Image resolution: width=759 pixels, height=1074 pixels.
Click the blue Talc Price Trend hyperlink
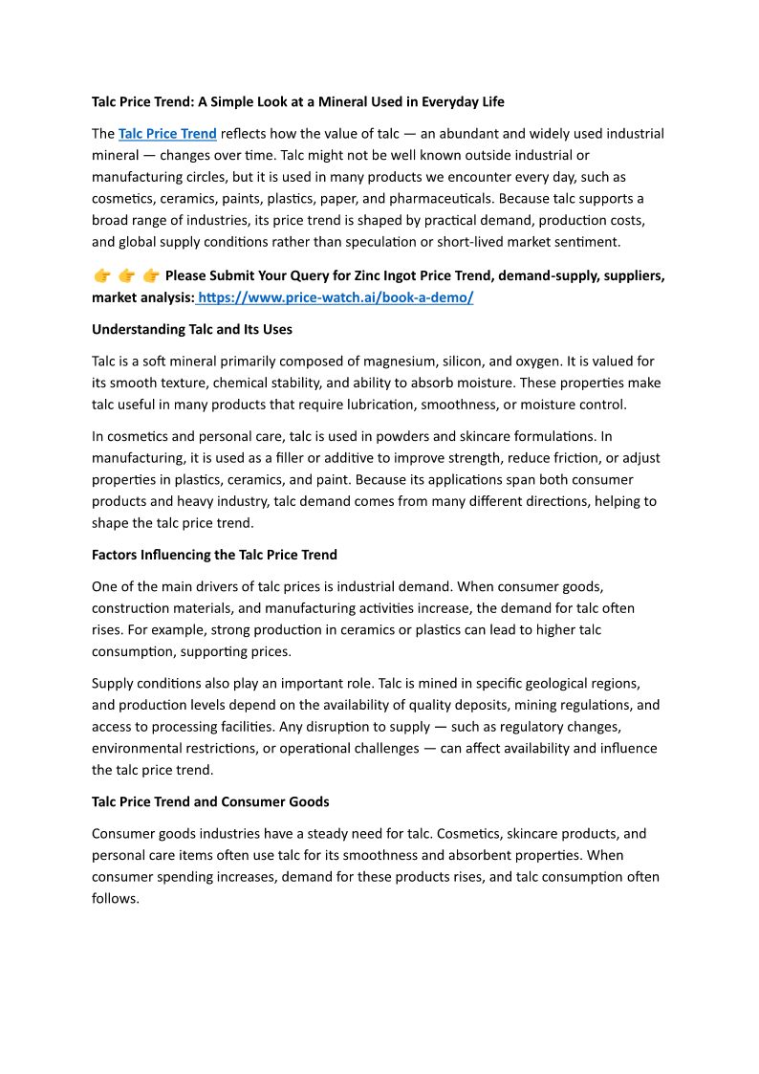pyautogui.click(x=167, y=134)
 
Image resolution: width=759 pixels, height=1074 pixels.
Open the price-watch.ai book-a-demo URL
pyautogui.click(x=336, y=297)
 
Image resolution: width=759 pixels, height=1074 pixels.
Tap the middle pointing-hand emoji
pyautogui.click(x=126, y=276)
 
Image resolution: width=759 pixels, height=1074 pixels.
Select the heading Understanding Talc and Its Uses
pyautogui.click(x=191, y=329)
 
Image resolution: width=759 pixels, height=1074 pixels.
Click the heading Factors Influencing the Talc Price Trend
pyautogui.click(x=214, y=555)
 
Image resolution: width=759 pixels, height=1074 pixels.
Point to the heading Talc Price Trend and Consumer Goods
pyautogui.click(x=210, y=801)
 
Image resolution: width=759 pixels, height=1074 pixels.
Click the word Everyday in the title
pyautogui.click(x=437, y=101)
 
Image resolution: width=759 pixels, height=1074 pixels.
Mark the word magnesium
pyautogui.click(x=395, y=362)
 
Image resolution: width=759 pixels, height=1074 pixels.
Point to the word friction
pyautogui.click(x=574, y=458)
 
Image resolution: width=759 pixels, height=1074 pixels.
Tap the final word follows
pyautogui.click(x=116, y=898)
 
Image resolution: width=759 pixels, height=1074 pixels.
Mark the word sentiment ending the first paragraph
pyautogui.click(x=585, y=242)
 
